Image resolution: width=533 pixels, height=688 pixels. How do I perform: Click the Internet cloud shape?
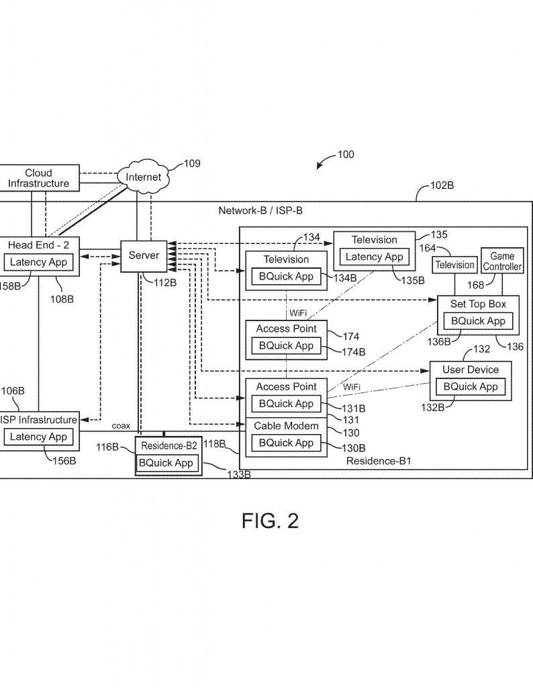point(144,177)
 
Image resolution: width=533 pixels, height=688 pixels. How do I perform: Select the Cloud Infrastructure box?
point(39,178)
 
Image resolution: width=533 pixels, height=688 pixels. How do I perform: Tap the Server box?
point(144,256)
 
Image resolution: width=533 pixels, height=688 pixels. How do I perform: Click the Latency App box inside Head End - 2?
point(38,262)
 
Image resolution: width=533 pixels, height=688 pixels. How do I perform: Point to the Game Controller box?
point(501,261)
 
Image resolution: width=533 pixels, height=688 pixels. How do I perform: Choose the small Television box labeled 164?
point(454,265)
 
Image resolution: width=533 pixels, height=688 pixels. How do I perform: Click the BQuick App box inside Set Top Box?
point(478,321)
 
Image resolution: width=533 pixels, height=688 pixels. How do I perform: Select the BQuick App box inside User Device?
point(470,386)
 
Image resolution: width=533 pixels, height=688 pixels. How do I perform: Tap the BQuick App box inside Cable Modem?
point(286,443)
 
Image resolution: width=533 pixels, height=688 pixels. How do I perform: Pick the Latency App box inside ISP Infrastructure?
point(38,437)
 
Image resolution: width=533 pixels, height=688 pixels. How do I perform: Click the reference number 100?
point(345,155)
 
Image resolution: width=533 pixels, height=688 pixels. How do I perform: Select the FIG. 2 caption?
point(270,521)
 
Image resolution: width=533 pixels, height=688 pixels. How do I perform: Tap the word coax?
point(122,426)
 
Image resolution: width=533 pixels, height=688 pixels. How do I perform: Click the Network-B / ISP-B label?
point(260,210)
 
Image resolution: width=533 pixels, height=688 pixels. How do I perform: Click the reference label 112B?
point(164,282)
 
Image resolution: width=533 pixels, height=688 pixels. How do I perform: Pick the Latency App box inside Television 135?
point(374,257)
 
